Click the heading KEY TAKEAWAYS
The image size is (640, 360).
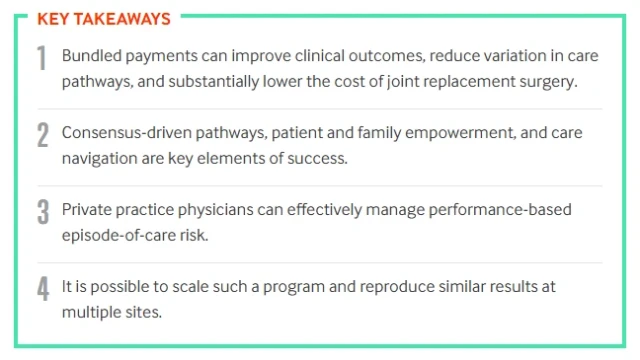(x=103, y=18)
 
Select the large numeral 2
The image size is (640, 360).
(x=42, y=136)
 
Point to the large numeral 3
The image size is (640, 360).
(x=42, y=212)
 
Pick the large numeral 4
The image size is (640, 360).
(x=42, y=288)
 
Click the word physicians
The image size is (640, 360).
(x=192, y=210)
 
